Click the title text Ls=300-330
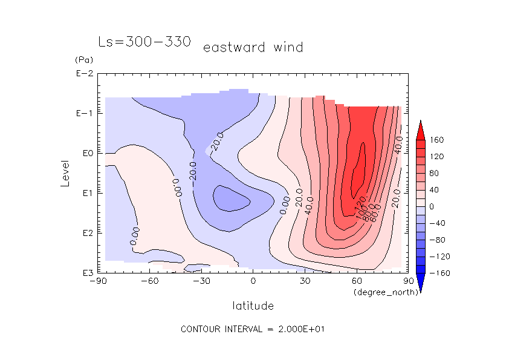pos(144,42)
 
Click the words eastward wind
pos(253,47)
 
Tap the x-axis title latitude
pos(253,306)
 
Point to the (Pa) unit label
pos(82,60)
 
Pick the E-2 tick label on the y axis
pos(83,74)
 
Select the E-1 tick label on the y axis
pos(83,114)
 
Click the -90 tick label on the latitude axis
pos(97,281)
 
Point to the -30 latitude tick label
pos(201,281)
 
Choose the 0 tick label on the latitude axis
pos(253,281)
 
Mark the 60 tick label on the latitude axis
pos(357,281)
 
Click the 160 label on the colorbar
pos(438,140)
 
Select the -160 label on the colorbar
pos(439,273)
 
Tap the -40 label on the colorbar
pos(438,223)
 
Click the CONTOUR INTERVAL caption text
pos(253,329)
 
